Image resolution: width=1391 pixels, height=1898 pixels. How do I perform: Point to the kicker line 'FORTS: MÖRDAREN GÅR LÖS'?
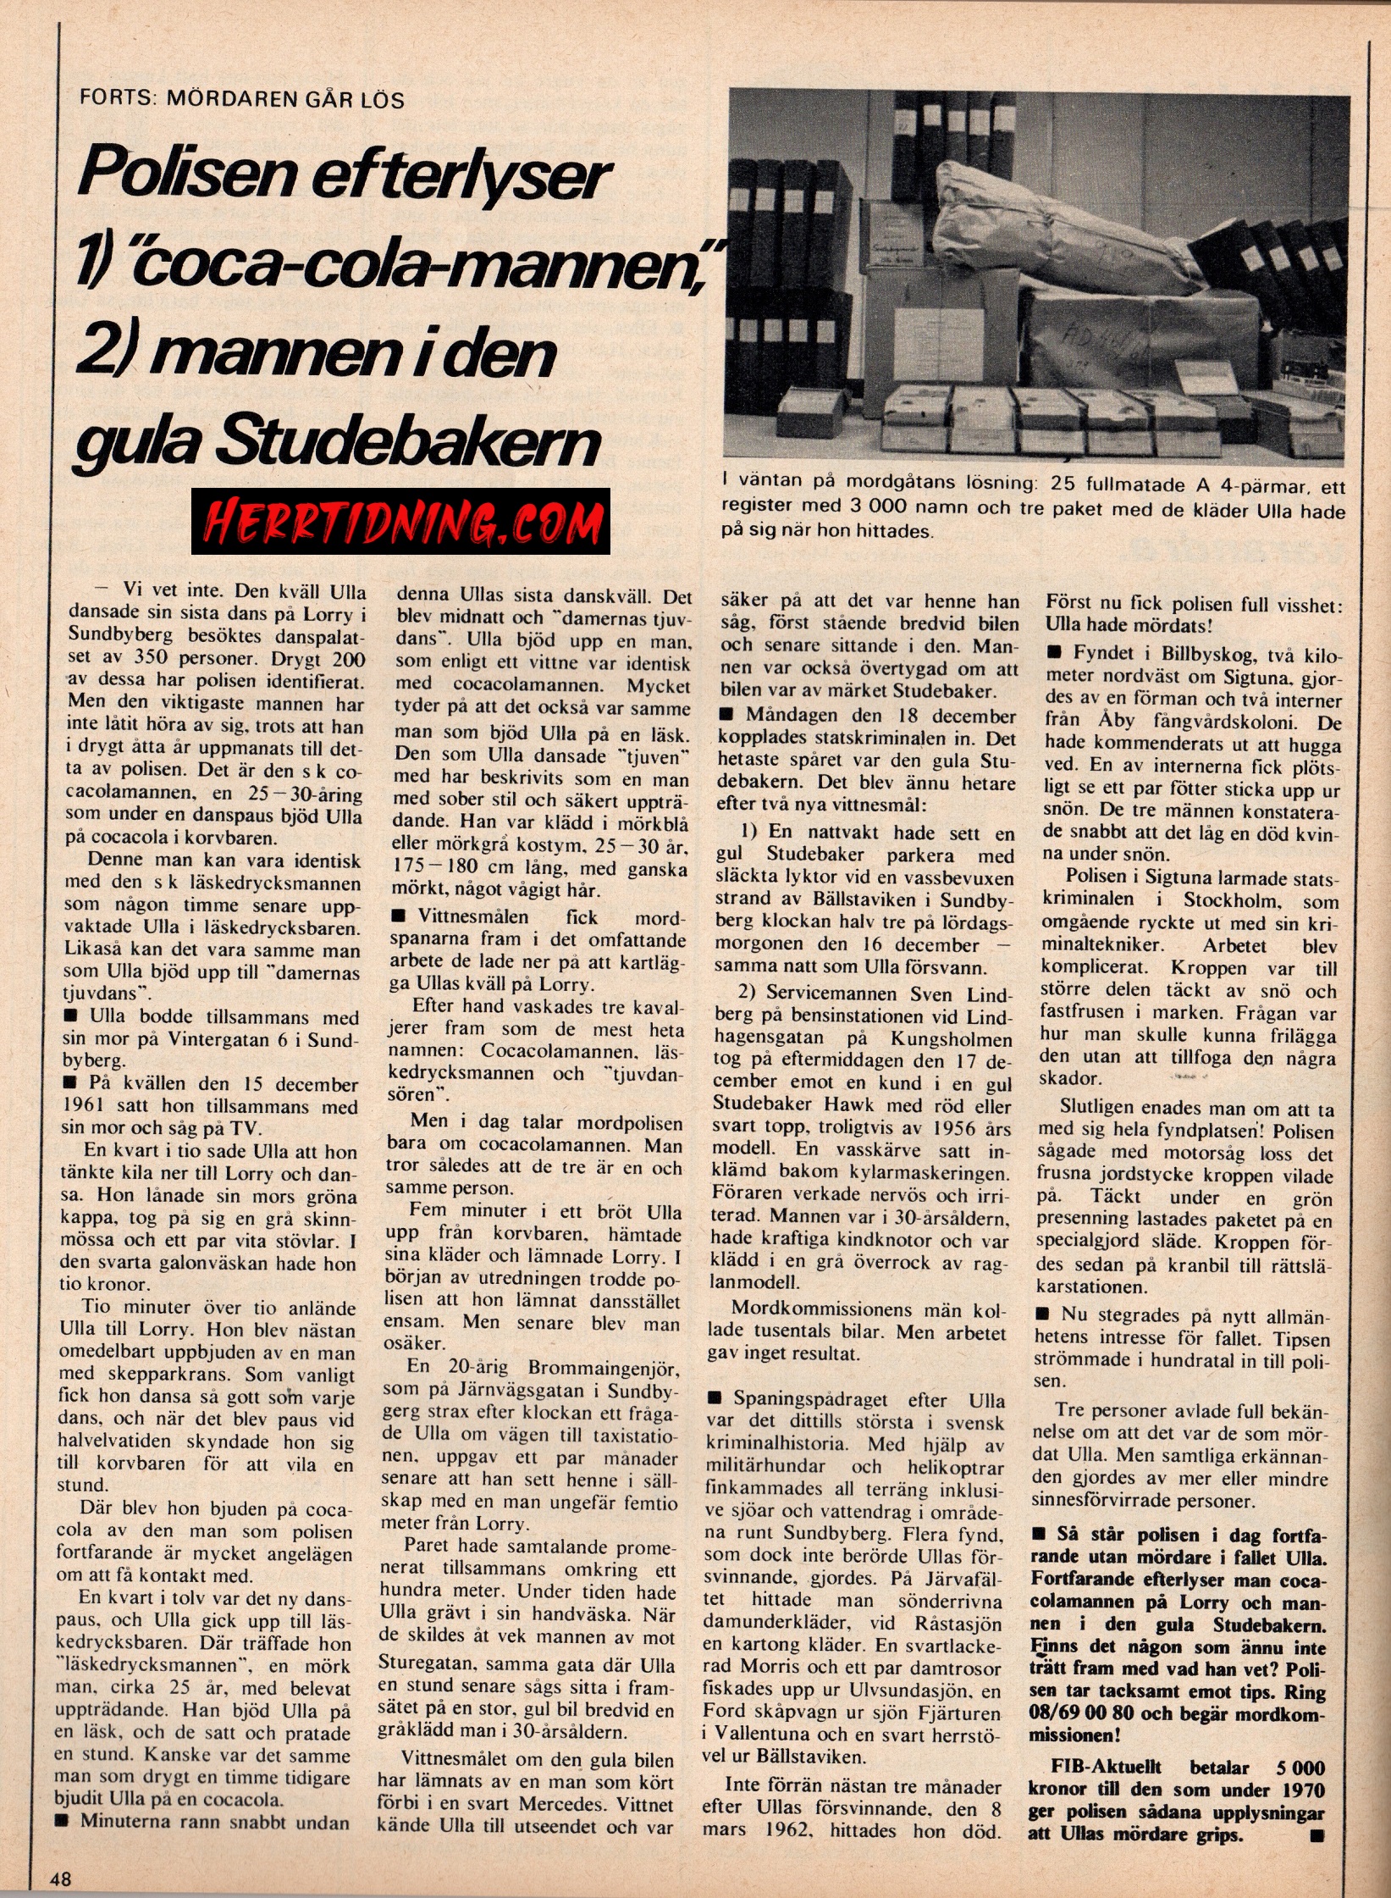[241, 98]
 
